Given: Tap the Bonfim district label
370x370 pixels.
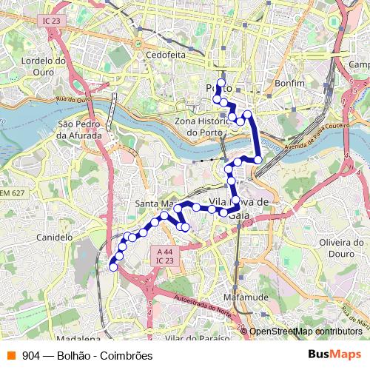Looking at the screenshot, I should pos(289,84).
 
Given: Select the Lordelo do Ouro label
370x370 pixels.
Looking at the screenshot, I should pos(44,66).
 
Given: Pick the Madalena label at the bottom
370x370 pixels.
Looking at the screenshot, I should pos(72,337).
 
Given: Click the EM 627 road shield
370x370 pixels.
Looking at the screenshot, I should pos(12,192).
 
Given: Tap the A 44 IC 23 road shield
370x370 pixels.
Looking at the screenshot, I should pos(165,256).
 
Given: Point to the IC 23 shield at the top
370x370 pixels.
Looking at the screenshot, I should pos(51,21).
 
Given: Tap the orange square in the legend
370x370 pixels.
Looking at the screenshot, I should pos(10,356).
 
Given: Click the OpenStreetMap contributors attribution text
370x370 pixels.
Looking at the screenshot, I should pos(305,332).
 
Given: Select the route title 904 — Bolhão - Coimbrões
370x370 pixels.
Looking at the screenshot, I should pos(87,356).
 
